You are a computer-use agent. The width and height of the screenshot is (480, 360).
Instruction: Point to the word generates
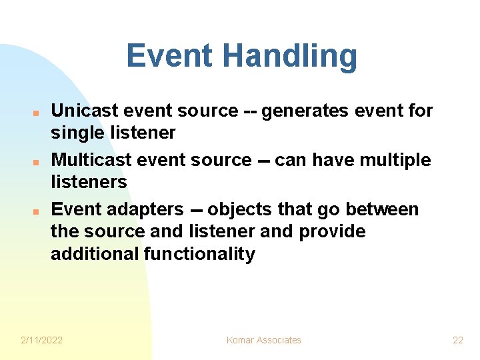click(x=304, y=111)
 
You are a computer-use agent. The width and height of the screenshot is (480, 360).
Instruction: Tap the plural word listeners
click(x=89, y=182)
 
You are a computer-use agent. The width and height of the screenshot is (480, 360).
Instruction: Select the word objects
click(x=240, y=209)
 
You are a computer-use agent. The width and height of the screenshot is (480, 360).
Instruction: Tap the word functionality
click(x=199, y=254)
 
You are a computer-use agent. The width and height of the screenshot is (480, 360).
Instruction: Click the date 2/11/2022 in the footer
click(x=42, y=340)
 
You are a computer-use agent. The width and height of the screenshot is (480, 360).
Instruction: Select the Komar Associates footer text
click(x=263, y=340)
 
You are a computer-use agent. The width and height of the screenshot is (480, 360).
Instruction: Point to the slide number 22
click(x=457, y=340)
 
